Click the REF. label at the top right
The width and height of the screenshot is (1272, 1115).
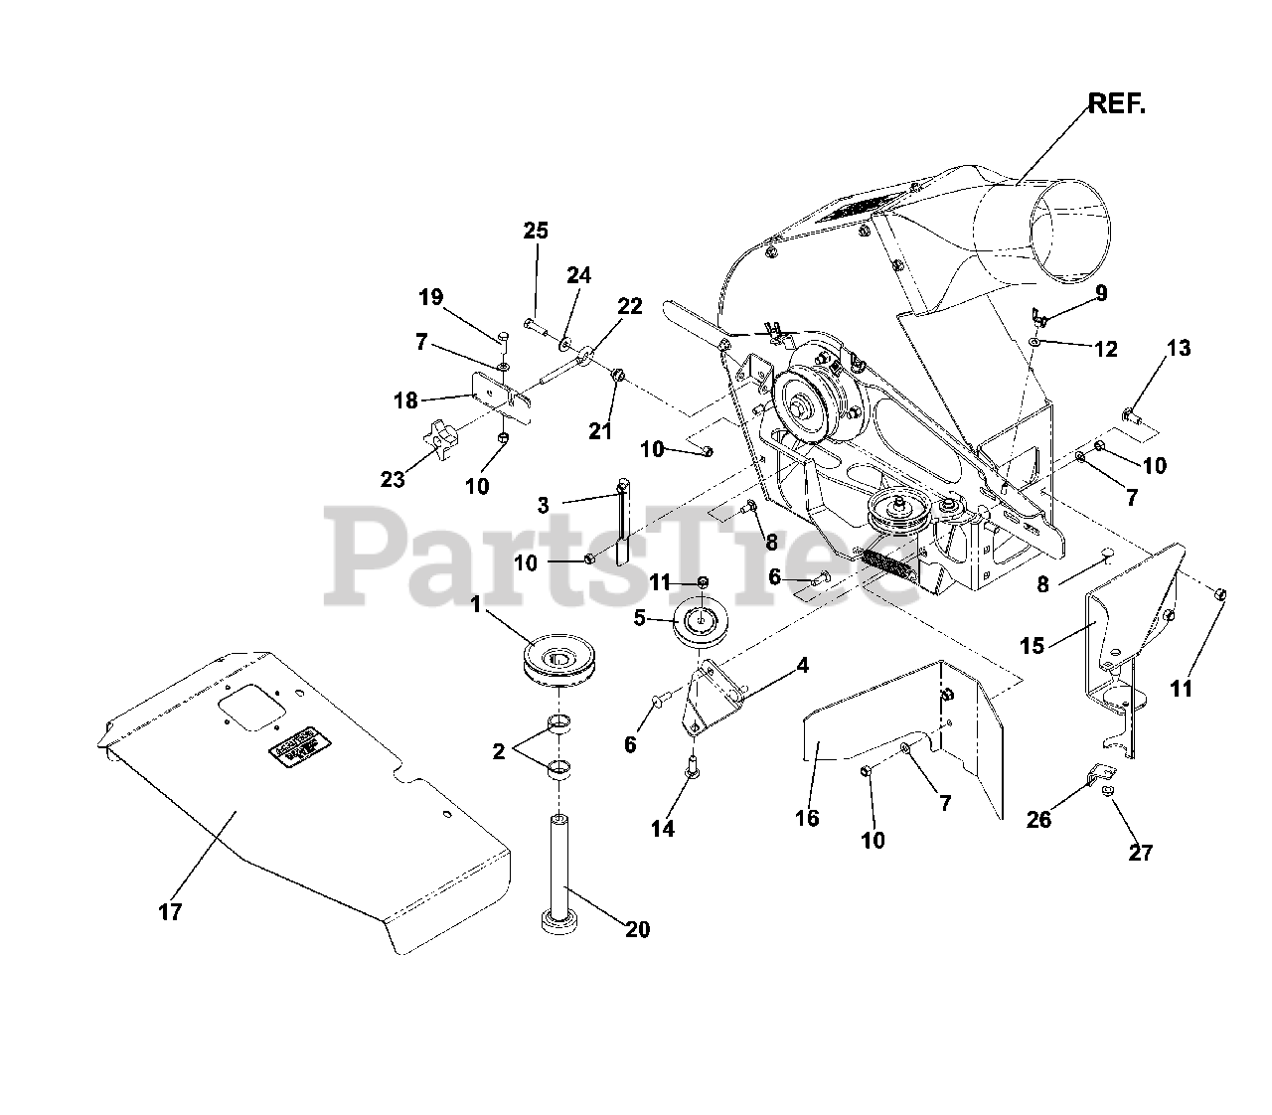point(1117,103)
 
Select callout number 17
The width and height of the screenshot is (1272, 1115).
point(170,911)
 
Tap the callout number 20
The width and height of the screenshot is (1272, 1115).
point(637,929)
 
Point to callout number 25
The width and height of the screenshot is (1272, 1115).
point(536,231)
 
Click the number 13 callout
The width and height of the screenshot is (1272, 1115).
point(1178,348)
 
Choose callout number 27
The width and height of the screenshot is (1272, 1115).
point(1141,852)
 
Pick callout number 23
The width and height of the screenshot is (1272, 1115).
point(393,479)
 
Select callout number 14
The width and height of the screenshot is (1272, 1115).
point(662,828)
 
